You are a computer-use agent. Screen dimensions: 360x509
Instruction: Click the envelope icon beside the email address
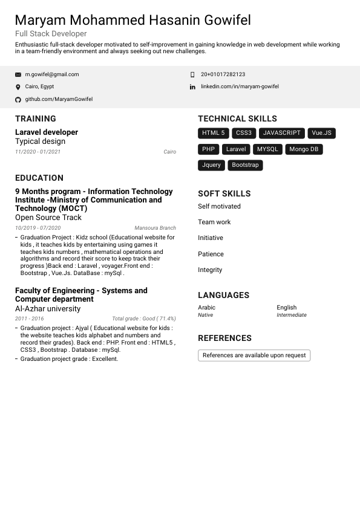click(x=18, y=74)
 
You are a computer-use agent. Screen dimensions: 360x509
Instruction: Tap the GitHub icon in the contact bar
click(x=18, y=99)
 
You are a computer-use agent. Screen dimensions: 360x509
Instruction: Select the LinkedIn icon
click(x=192, y=87)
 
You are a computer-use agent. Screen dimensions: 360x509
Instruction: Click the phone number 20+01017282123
click(x=223, y=74)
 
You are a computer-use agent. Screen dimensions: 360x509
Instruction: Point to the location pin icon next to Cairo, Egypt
click(x=18, y=87)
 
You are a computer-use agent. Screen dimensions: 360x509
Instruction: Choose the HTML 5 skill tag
click(x=213, y=133)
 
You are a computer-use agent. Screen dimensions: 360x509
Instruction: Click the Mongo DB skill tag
click(x=303, y=149)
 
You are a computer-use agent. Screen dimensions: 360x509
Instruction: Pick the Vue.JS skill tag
click(x=321, y=133)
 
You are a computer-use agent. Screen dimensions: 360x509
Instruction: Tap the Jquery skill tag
click(x=211, y=165)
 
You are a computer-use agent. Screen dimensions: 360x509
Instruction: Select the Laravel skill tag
click(x=236, y=149)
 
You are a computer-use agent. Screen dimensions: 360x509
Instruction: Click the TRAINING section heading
click(x=36, y=118)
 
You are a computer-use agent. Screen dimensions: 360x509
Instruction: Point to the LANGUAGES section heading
click(x=223, y=295)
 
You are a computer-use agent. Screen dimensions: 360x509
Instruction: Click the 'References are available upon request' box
click(x=254, y=355)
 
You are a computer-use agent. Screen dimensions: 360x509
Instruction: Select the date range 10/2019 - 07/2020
click(x=38, y=228)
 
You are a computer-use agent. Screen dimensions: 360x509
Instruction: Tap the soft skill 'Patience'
click(x=211, y=254)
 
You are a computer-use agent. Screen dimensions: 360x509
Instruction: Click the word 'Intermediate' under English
click(x=292, y=315)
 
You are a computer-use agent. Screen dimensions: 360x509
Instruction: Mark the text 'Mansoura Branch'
click(x=155, y=228)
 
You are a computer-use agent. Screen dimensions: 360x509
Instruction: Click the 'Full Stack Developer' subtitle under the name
click(x=51, y=34)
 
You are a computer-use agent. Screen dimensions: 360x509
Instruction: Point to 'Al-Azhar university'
click(x=48, y=308)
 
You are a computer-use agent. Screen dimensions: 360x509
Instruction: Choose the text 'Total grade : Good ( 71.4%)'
click(x=144, y=319)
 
